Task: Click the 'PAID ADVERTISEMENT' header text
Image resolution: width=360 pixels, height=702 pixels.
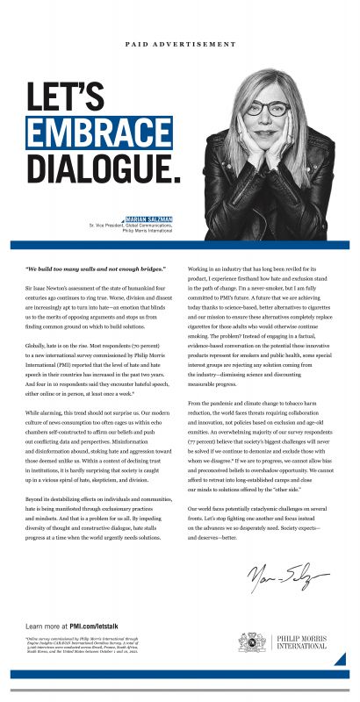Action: pyautogui.click(x=180, y=43)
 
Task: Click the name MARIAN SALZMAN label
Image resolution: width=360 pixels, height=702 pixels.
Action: pyautogui.click(x=149, y=218)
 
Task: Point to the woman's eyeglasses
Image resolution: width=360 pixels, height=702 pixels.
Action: pyautogui.click(x=269, y=109)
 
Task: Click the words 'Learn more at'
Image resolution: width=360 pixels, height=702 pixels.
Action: pyautogui.click(x=46, y=625)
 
